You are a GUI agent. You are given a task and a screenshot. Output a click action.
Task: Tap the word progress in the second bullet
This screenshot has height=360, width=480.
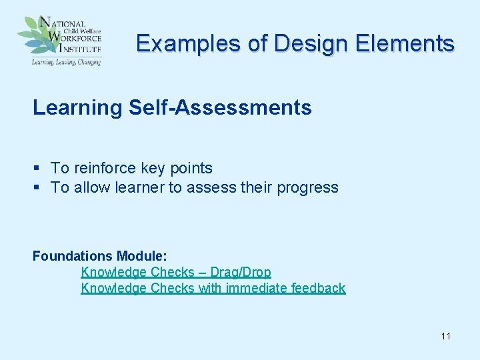coord(309,187)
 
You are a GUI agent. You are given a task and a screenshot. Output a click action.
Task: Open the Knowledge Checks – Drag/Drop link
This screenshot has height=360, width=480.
coord(176,272)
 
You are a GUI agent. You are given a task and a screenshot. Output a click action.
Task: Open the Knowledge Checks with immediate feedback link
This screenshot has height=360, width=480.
coord(213,288)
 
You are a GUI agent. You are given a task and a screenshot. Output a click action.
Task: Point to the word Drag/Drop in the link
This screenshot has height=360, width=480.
coord(241,272)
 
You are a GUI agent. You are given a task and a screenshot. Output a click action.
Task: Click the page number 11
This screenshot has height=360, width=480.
coord(445,336)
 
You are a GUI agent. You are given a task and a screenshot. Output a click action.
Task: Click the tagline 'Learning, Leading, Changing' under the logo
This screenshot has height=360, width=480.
coord(65,61)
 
